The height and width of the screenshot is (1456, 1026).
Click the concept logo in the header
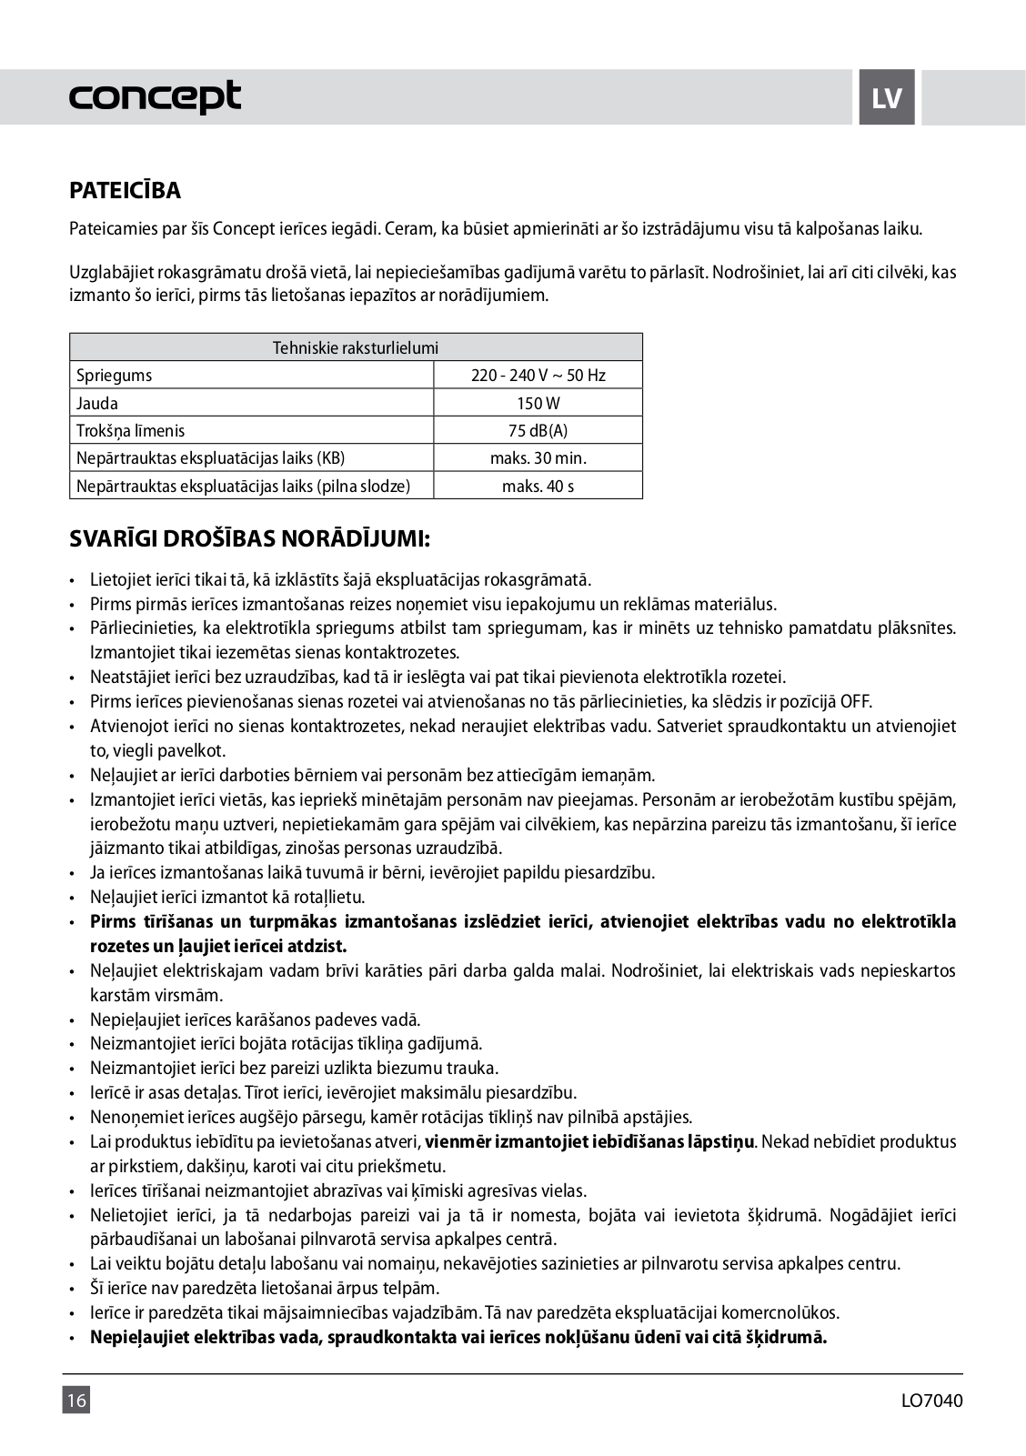(155, 96)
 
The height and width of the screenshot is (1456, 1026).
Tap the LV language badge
(886, 97)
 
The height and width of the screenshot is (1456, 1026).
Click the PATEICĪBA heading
(125, 191)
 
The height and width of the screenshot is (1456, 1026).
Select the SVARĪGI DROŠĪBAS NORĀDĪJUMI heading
(249, 538)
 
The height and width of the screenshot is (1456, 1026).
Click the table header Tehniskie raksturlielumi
(356, 347)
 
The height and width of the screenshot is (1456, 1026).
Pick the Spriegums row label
(115, 375)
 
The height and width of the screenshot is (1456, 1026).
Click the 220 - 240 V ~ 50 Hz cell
(538, 375)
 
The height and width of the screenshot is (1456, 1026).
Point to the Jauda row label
(97, 403)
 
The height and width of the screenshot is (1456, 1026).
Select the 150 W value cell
(538, 403)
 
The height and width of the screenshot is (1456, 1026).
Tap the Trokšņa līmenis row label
(130, 430)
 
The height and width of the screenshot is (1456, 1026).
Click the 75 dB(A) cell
(538, 430)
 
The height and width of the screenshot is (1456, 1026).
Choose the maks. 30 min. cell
(538, 457)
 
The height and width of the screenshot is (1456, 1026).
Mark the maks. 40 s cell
(538, 486)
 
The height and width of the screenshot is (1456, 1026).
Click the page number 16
(75, 1400)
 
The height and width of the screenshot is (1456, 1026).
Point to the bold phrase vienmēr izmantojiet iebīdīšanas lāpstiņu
(589, 1141)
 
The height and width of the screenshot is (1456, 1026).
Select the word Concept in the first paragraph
(243, 228)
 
